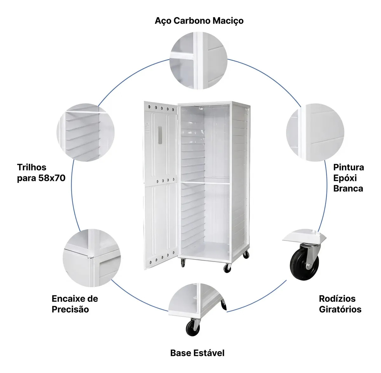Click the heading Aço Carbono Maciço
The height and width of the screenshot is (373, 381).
199,21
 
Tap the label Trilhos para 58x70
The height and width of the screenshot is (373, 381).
41,173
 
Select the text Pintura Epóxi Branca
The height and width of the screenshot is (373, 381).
349,178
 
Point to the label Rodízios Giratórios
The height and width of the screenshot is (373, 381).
340,304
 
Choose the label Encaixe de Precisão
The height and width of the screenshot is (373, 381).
75,304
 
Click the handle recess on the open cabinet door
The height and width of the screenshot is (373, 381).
160,135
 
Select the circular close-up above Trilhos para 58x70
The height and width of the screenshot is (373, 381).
85,132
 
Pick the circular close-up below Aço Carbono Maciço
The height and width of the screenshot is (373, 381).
198,61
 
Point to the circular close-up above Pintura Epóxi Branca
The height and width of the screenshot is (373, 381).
315,132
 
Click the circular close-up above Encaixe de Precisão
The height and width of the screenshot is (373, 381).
92,258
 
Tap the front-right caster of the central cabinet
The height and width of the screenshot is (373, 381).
228,268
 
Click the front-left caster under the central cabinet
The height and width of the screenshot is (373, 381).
183,263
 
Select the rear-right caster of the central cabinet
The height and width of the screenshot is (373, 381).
246,255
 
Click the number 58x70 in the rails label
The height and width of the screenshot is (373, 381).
52,178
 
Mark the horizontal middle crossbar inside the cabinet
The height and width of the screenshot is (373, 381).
205,183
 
